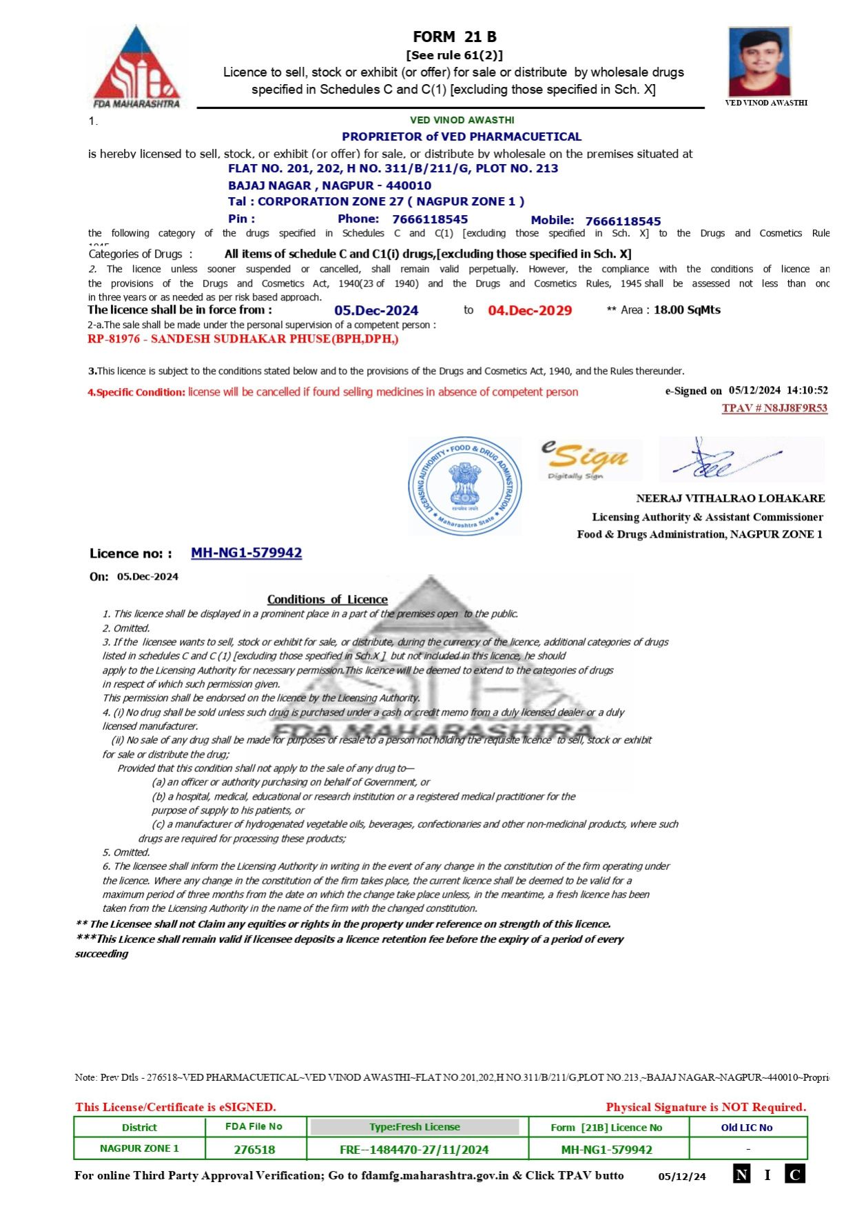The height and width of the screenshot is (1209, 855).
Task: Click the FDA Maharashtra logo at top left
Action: click(136, 67)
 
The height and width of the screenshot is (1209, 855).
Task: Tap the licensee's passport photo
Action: click(760, 61)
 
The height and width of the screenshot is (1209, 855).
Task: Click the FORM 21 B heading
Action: click(454, 37)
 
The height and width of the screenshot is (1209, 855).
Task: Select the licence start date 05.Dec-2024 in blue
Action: click(376, 311)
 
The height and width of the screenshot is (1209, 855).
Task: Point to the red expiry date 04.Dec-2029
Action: click(530, 311)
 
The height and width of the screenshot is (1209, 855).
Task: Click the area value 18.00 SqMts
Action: click(687, 310)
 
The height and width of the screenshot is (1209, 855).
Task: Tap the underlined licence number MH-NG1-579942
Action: click(246, 553)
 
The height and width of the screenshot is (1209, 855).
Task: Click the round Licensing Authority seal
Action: click(464, 485)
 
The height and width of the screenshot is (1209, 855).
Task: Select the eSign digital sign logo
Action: click(589, 460)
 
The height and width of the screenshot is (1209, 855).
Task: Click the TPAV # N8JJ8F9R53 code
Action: click(774, 408)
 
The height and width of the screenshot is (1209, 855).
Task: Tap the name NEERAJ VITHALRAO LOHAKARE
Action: click(730, 498)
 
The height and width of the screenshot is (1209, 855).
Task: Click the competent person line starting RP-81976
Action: click(243, 339)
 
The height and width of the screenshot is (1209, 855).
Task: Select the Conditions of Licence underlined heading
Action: click(327, 600)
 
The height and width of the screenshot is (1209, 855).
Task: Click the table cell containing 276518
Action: click(254, 1150)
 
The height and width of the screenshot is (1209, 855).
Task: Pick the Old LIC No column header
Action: click(747, 1128)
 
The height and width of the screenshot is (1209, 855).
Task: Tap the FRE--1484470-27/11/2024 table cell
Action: click(414, 1150)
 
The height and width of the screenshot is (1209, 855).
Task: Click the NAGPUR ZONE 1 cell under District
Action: click(139, 1149)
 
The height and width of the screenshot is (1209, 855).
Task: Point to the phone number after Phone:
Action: click(430, 220)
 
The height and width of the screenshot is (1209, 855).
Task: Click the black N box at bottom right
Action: click(741, 1175)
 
